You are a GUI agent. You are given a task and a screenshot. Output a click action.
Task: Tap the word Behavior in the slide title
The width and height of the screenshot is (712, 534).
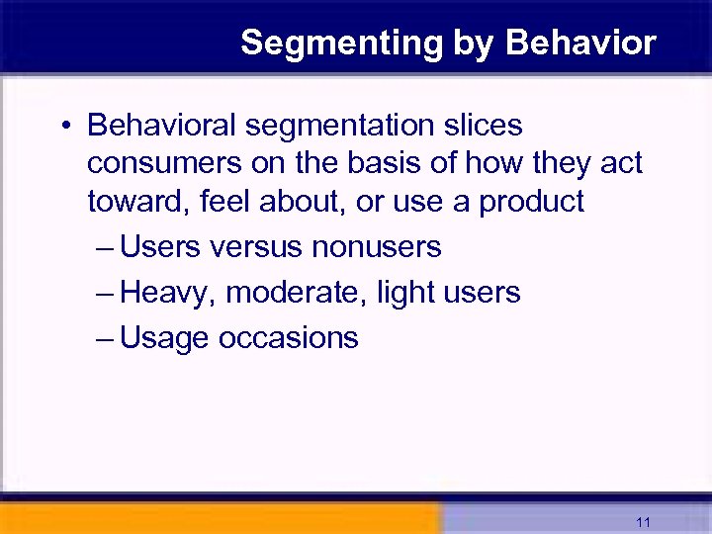click(580, 44)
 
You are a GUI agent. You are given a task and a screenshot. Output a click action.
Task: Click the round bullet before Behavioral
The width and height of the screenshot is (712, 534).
click(63, 128)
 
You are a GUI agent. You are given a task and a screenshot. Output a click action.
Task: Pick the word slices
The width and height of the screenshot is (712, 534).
click(483, 127)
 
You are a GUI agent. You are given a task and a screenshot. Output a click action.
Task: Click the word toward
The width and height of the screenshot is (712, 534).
click(138, 202)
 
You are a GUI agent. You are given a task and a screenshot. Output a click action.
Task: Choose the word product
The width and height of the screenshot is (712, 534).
click(532, 202)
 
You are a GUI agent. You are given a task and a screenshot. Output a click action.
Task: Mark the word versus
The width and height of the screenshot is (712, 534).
click(256, 247)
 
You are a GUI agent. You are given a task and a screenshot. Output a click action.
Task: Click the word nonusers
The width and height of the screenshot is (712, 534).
click(376, 247)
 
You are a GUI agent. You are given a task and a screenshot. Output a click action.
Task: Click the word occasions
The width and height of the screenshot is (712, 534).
click(289, 338)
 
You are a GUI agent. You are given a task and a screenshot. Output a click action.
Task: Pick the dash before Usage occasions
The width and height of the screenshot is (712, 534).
click(106, 338)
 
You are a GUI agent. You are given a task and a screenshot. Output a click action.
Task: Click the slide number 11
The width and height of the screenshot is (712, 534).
click(644, 521)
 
